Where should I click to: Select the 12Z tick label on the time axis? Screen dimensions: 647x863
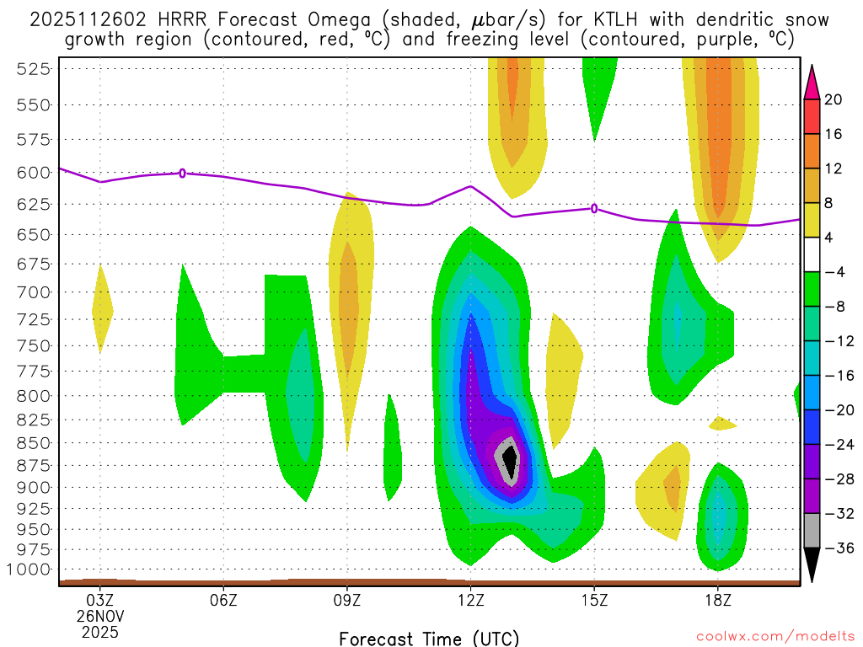[470, 601]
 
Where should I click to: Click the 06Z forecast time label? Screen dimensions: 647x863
[223, 601]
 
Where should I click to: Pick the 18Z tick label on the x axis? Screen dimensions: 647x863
[717, 601]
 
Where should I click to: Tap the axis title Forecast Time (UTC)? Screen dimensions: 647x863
[429, 638]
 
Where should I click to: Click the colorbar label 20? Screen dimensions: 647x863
[834, 99]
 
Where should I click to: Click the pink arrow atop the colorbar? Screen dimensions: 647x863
[812, 82]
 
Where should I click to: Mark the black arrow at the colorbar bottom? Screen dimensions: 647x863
[812, 565]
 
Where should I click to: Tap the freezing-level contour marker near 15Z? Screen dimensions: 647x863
[594, 208]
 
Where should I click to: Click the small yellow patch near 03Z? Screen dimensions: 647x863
[102, 307]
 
